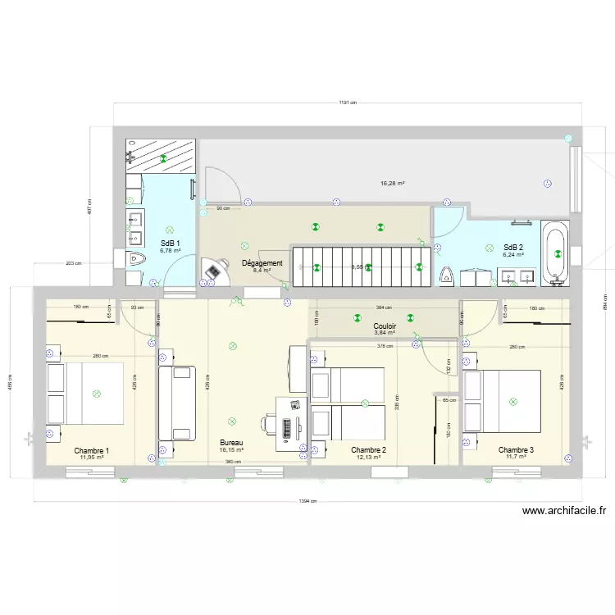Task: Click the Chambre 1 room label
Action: point(91,450)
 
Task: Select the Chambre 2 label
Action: point(368,450)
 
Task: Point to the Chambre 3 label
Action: point(516,450)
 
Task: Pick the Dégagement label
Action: point(262,263)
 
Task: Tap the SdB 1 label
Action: point(170,244)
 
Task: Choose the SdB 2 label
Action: point(513,247)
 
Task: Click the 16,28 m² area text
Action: point(393,184)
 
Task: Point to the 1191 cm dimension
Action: point(347,103)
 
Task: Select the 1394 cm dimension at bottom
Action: point(308,501)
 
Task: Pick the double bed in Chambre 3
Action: point(502,400)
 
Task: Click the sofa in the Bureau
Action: point(177,403)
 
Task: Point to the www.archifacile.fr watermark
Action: point(564,510)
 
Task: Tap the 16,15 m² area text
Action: point(231,450)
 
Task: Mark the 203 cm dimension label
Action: point(73,263)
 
